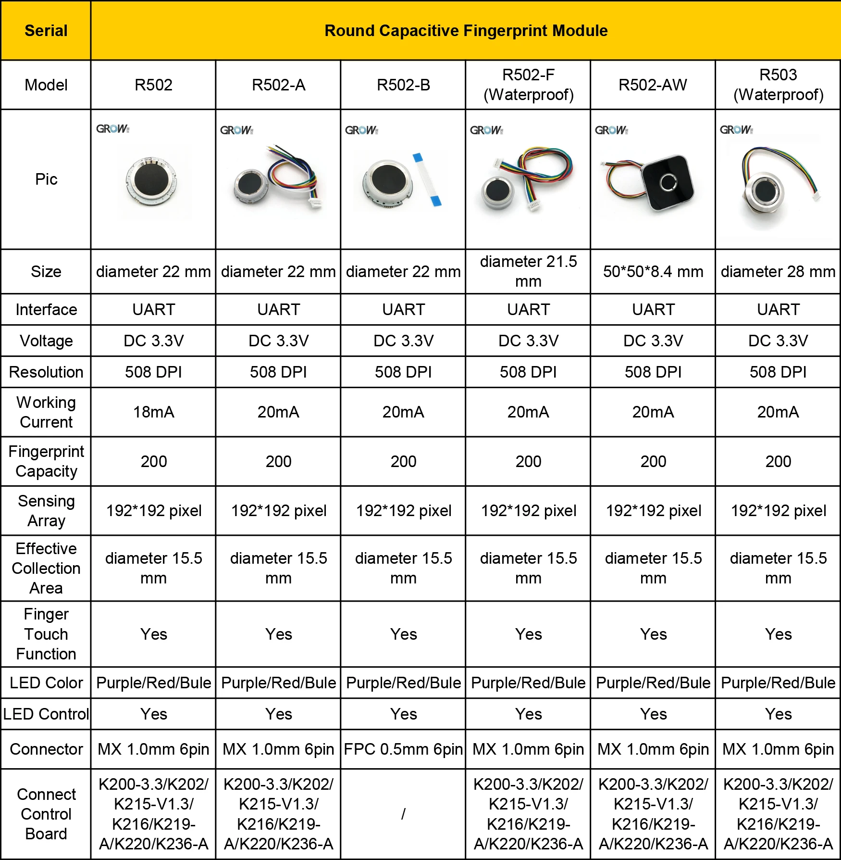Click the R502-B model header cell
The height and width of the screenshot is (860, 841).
click(x=403, y=85)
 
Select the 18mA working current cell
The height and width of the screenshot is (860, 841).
click(x=153, y=412)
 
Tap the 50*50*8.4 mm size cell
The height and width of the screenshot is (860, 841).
click(x=653, y=272)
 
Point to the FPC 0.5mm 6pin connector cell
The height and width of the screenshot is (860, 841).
click(x=403, y=749)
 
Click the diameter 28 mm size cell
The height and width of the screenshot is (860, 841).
click(x=778, y=272)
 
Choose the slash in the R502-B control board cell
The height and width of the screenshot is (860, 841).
click(x=403, y=814)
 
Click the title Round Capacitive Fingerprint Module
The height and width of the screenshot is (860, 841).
click(x=466, y=31)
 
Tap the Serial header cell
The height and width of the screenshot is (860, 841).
click(x=46, y=31)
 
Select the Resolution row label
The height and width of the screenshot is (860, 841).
click(x=46, y=372)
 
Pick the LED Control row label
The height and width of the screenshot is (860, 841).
click(x=46, y=714)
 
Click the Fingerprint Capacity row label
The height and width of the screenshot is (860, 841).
click(x=46, y=461)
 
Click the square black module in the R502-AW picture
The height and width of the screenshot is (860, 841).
click(x=668, y=183)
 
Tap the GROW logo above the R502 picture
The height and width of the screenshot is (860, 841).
click(x=112, y=129)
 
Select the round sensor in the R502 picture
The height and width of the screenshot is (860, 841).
click(x=152, y=180)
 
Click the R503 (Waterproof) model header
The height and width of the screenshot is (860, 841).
click(x=778, y=85)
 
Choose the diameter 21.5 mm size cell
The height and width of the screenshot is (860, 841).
click(x=528, y=272)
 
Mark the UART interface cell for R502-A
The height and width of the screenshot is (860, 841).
click(x=278, y=310)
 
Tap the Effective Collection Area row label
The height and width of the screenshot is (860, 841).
click(x=46, y=569)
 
